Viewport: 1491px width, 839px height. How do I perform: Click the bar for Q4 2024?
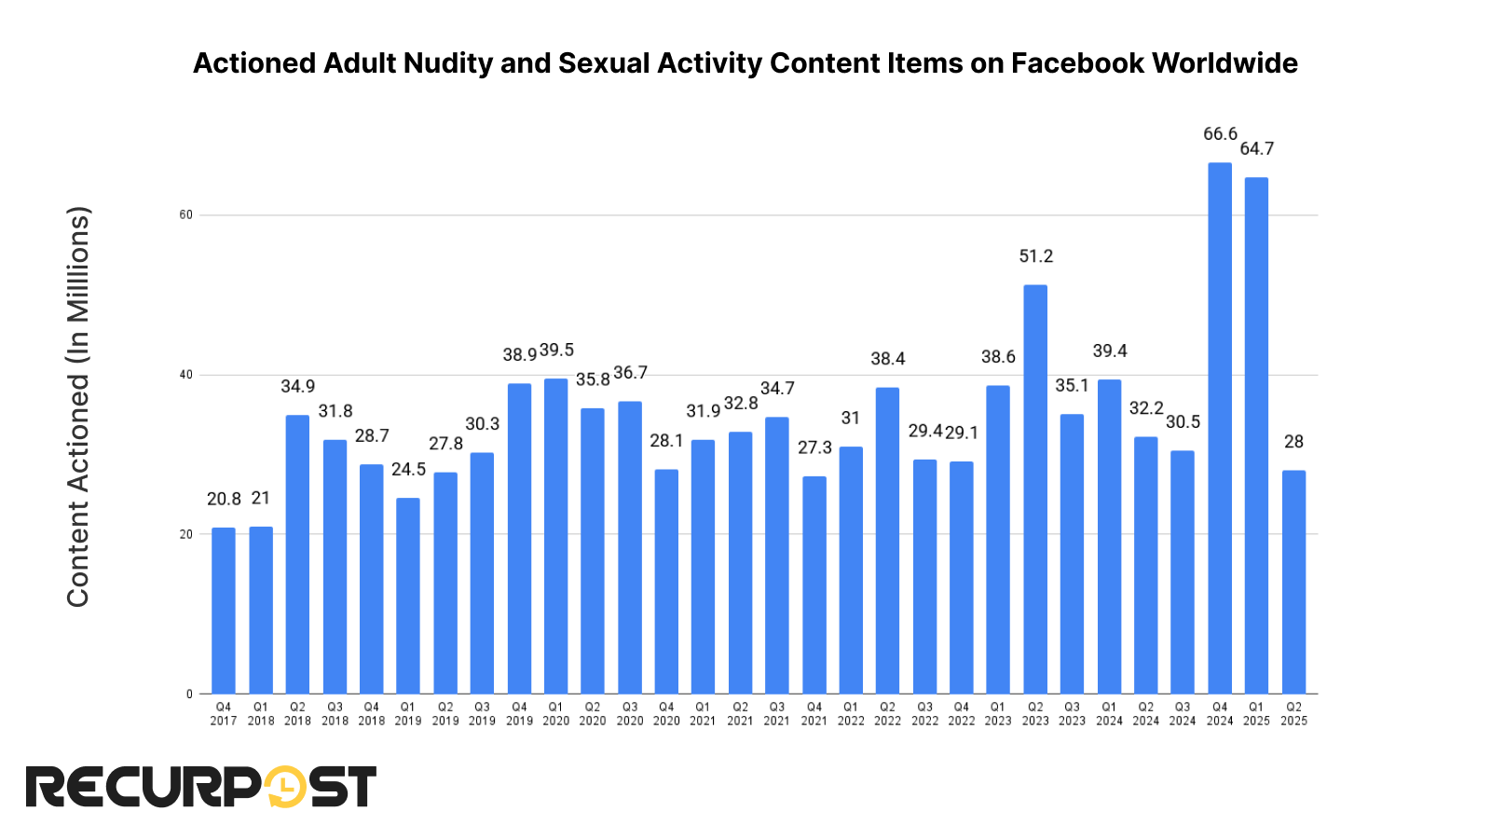point(1220,429)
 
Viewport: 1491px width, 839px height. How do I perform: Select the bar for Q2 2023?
point(1035,489)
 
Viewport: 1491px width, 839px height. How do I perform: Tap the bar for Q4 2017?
point(224,611)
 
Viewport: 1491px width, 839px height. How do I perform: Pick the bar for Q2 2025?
point(1293,583)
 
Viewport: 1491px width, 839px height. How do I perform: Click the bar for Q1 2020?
point(555,536)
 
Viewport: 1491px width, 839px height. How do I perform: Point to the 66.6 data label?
point(1220,134)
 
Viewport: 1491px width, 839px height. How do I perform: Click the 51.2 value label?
point(1035,256)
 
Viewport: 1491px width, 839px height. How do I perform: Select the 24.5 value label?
point(408,470)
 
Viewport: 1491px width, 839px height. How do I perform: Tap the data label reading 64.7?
point(1257,149)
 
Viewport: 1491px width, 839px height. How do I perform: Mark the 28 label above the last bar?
point(1293,442)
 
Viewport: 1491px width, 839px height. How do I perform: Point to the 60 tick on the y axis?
point(186,215)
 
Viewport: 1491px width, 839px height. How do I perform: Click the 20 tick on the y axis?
point(186,534)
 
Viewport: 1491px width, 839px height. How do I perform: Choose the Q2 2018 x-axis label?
point(297,714)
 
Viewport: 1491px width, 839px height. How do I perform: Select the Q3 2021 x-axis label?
point(776,714)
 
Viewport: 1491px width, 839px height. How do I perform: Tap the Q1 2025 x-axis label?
point(1256,714)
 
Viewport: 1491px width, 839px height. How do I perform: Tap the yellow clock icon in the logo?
point(285,788)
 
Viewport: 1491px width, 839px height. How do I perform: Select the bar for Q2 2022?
point(887,541)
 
